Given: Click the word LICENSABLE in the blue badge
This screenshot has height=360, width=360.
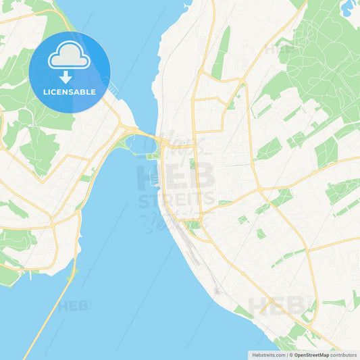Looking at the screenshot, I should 69,91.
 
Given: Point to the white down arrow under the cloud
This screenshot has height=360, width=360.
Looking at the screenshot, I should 69,74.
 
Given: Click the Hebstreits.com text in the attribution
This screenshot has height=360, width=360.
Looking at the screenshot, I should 265,355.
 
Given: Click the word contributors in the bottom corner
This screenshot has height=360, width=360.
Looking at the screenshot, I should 344,355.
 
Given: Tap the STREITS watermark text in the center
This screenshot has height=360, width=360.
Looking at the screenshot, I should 177,200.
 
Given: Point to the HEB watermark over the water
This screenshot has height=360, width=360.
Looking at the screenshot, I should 74,306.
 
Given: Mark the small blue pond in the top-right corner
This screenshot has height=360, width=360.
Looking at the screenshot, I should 348,9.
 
